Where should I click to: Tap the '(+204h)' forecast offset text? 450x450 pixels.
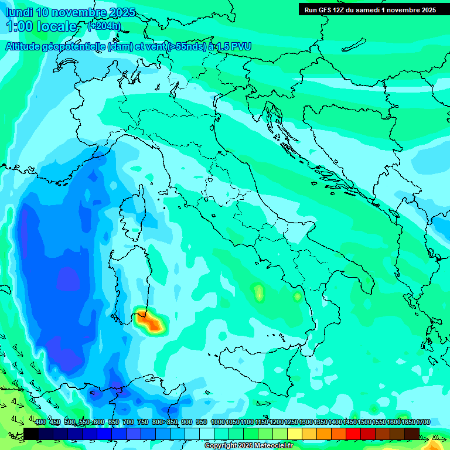[105, 26]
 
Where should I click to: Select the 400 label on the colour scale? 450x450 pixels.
[40, 422]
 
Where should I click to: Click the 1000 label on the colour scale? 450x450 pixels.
[218, 422]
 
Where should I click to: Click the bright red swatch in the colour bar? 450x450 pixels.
[353, 434]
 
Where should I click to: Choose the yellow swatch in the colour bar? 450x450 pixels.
[294, 434]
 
